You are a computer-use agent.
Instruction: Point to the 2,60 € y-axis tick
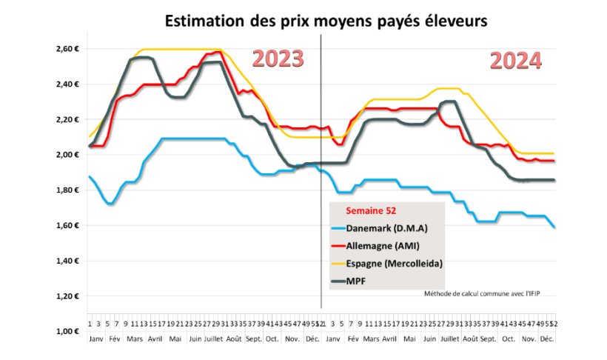click(67, 49)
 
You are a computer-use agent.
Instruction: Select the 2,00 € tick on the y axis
click(67, 155)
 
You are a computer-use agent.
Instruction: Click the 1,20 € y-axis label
click(67, 296)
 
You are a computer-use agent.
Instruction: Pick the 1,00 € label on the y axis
click(67, 331)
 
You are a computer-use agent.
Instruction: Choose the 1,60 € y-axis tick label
click(67, 226)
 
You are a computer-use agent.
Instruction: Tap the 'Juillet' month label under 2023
click(213, 338)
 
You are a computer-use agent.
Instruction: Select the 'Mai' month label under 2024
click(408, 338)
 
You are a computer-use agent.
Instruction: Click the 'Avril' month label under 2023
click(155, 338)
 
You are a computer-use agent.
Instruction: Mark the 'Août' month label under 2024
click(469, 338)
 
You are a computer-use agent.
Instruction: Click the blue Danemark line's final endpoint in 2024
click(554, 227)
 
